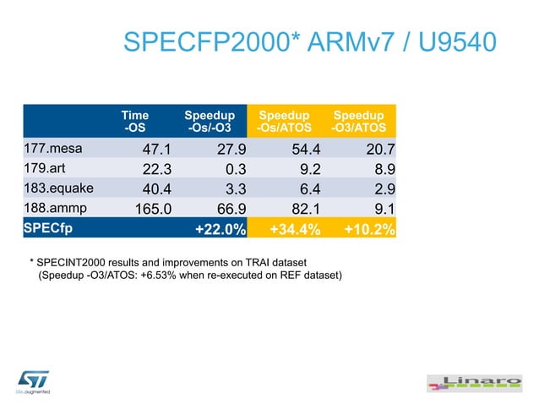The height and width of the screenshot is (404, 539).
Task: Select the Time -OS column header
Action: point(135,122)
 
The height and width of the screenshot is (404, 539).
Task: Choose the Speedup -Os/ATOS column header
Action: point(284,122)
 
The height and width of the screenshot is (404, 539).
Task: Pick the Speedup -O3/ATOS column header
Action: point(358,122)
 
